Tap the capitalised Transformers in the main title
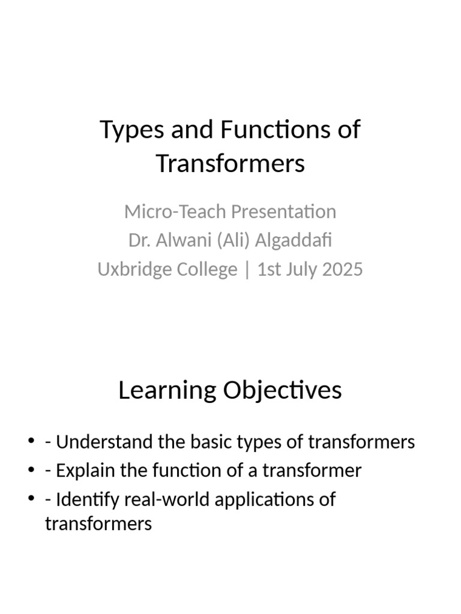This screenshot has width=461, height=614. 230,163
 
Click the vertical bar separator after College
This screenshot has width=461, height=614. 247,270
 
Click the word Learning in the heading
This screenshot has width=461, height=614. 167,390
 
